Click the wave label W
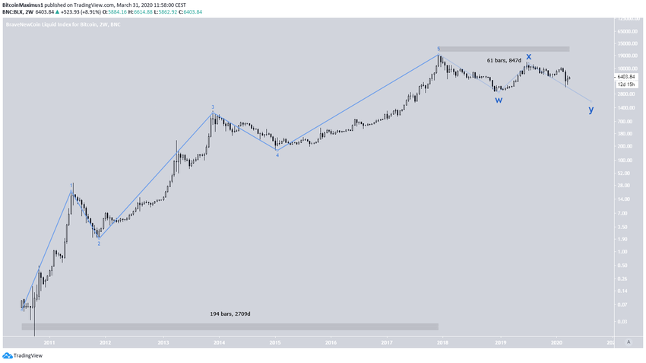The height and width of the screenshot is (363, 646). (x=499, y=100)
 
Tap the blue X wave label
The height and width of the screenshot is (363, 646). (x=529, y=56)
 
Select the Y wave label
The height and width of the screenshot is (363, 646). (x=591, y=110)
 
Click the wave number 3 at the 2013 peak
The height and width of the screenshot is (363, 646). (x=213, y=107)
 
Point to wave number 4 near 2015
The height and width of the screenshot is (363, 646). (x=277, y=155)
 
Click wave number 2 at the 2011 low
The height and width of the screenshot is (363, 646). (x=99, y=244)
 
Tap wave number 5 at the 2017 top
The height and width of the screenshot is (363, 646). (x=439, y=49)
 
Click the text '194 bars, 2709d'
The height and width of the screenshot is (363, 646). (x=230, y=314)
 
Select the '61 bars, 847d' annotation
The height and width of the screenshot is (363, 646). (x=504, y=59)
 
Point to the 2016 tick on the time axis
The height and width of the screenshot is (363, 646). (x=331, y=343)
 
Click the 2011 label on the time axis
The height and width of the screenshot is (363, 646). (x=49, y=343)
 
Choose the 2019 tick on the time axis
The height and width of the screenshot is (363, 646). (x=500, y=343)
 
